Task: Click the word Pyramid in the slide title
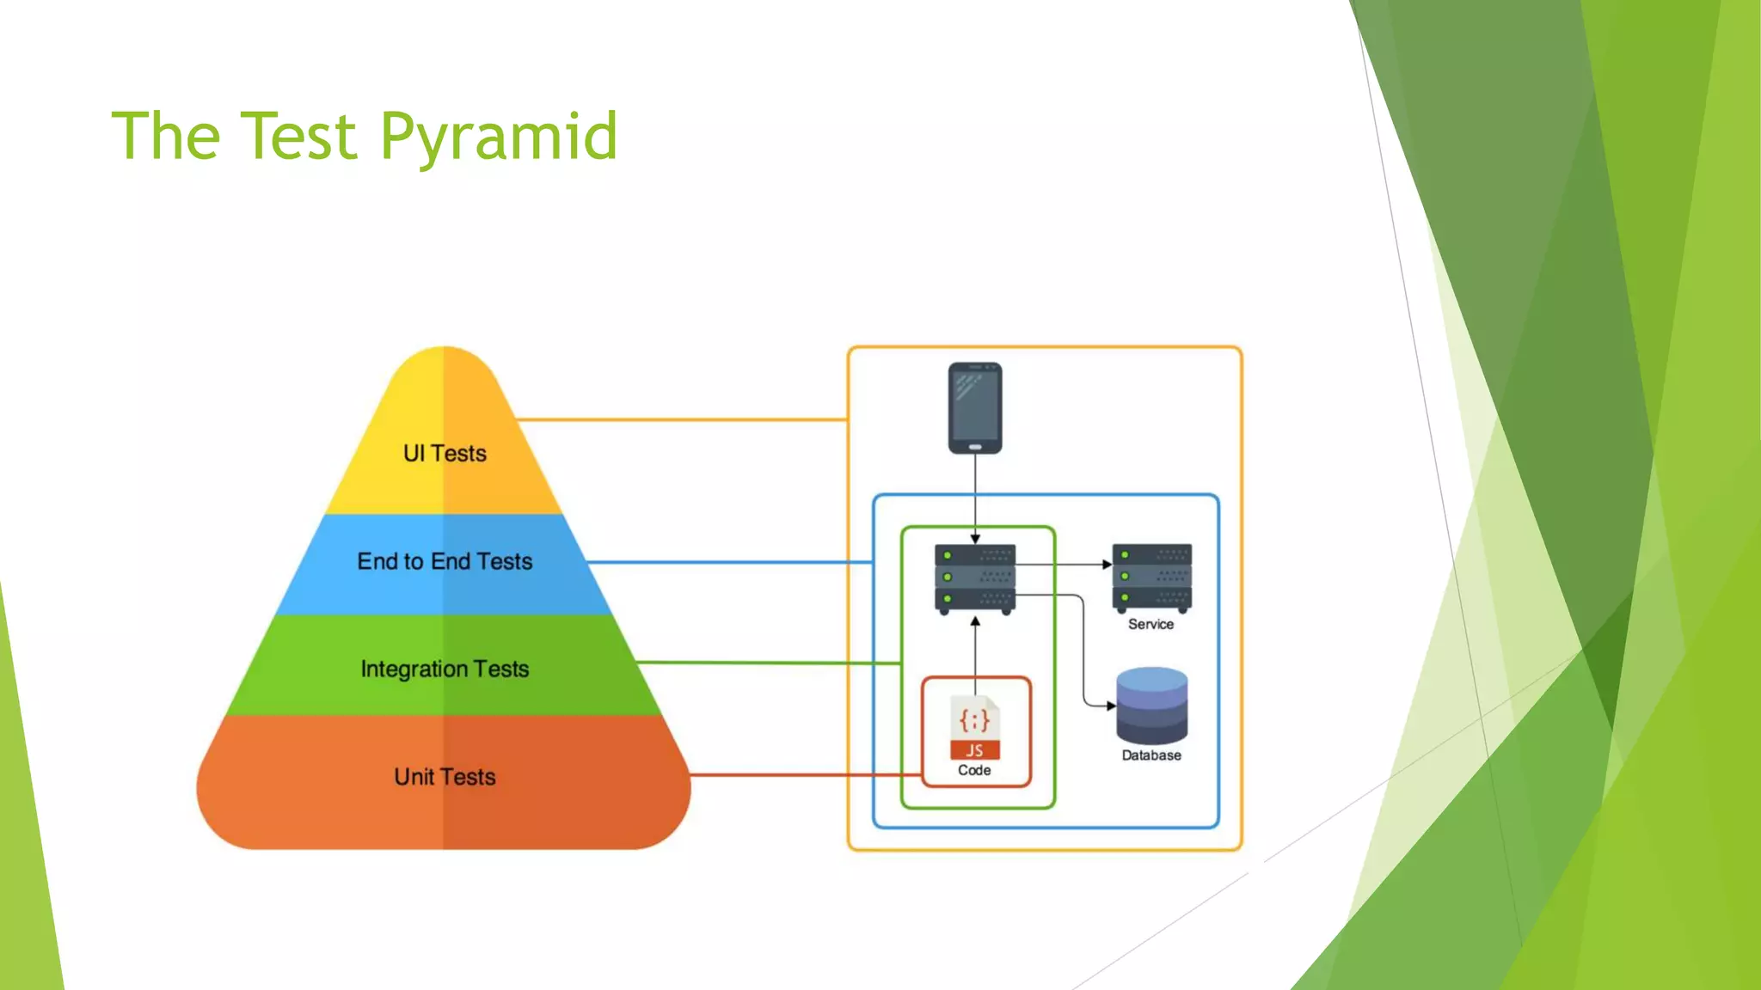tap(499, 137)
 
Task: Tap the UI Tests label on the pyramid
tap(445, 453)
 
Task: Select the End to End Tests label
tap(445, 561)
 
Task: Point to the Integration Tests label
tap(445, 669)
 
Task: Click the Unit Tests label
tap(445, 777)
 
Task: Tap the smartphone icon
tap(975, 407)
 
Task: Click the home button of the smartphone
tap(975, 447)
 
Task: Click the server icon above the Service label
tap(1152, 577)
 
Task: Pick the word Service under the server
tap(1150, 624)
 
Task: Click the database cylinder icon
tap(1152, 706)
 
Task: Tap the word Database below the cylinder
tap(1151, 755)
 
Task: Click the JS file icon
tap(975, 727)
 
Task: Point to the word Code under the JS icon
tap(974, 771)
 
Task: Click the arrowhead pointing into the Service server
tap(1108, 565)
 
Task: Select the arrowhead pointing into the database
tap(1111, 706)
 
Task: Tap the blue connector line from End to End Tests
tap(731, 562)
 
